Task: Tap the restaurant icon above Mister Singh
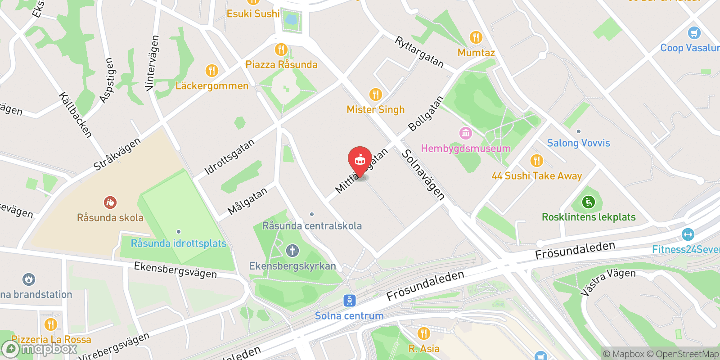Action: (x=376, y=94)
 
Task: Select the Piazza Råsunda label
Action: (x=281, y=64)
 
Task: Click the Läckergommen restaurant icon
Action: (x=211, y=71)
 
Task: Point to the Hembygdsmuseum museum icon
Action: (x=465, y=133)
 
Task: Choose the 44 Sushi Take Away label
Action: (x=536, y=176)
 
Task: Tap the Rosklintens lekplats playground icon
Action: (x=588, y=202)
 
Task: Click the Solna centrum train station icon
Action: (x=349, y=301)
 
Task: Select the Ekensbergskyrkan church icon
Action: (x=292, y=251)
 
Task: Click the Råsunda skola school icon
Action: (x=110, y=202)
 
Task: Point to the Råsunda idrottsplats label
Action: (x=178, y=243)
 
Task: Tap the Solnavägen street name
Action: (x=423, y=175)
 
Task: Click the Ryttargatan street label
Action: (x=419, y=52)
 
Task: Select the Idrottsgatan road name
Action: (x=229, y=157)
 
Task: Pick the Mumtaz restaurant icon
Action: (x=476, y=37)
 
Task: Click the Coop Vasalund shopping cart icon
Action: (x=694, y=33)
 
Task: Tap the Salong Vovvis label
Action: (x=578, y=143)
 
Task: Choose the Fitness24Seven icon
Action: (x=688, y=234)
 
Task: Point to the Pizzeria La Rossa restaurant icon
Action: (x=51, y=324)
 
